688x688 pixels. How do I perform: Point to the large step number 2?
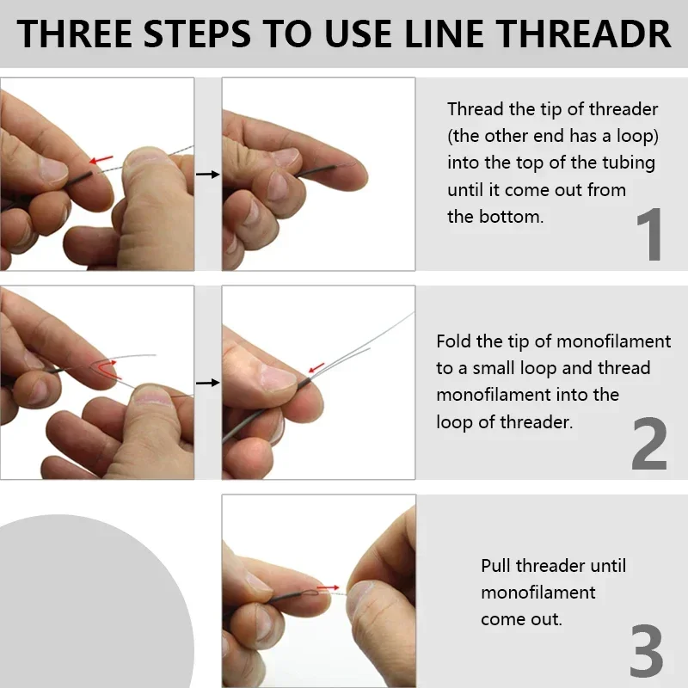[x=649, y=444]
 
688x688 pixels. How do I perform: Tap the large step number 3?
[x=647, y=651]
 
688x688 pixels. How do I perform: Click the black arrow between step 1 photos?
[x=207, y=175]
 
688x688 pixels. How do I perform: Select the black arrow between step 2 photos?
[x=207, y=382]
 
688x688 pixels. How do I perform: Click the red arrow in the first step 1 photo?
[x=101, y=159]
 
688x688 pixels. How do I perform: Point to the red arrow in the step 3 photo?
[x=328, y=588]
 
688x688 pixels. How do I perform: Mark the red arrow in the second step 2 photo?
[x=317, y=368]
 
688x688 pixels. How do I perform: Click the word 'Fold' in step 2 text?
[x=454, y=341]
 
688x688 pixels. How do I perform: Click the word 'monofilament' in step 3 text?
[x=537, y=593]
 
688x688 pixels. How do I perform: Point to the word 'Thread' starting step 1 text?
[x=476, y=109]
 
